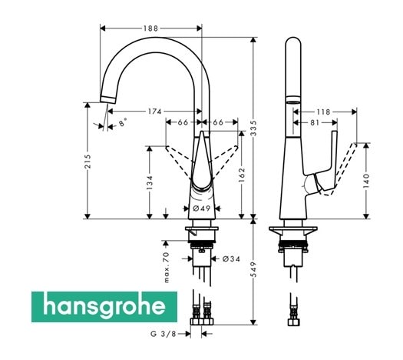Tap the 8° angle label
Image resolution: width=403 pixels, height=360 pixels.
coord(124,122)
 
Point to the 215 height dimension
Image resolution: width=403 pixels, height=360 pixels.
coord(88,161)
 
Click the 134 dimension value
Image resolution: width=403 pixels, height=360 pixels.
coord(150,182)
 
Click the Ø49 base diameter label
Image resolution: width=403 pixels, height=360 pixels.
coord(202,208)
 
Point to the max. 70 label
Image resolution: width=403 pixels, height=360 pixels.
coord(166,265)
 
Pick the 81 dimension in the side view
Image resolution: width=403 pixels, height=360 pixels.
coord(315,122)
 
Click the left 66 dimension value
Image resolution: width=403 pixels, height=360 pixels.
coord(183,122)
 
